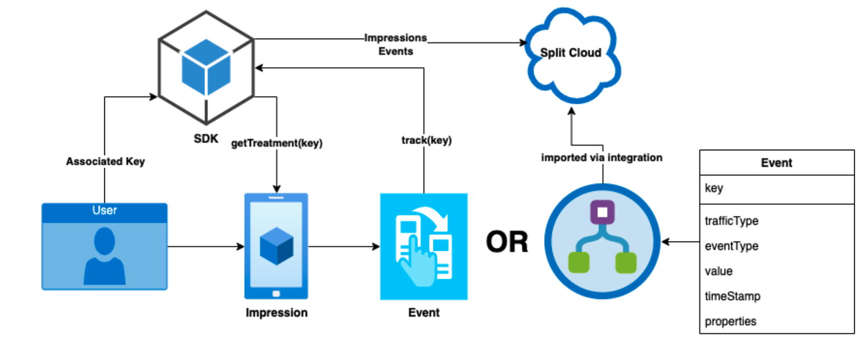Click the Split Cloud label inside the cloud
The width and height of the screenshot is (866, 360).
(x=571, y=53)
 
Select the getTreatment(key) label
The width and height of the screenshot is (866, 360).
(x=276, y=143)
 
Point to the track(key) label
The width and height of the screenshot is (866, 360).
(x=426, y=140)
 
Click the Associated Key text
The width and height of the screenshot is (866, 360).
(x=105, y=162)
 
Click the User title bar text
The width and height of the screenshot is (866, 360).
(x=104, y=210)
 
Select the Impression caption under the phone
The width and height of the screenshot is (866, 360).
(x=276, y=313)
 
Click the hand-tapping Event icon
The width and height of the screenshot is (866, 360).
(x=424, y=246)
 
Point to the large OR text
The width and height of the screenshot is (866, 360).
(x=507, y=242)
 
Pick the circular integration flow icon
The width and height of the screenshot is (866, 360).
(x=603, y=241)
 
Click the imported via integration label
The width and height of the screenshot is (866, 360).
(x=602, y=158)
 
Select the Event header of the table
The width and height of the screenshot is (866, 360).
(x=776, y=163)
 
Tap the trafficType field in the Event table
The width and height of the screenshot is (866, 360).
(x=731, y=221)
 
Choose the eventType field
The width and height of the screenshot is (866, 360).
(x=731, y=246)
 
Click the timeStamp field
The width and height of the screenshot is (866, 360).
(x=732, y=296)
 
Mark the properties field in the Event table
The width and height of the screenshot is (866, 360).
(x=730, y=321)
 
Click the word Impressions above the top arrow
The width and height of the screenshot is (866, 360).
(x=395, y=38)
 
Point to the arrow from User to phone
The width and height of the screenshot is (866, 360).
(x=206, y=246)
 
